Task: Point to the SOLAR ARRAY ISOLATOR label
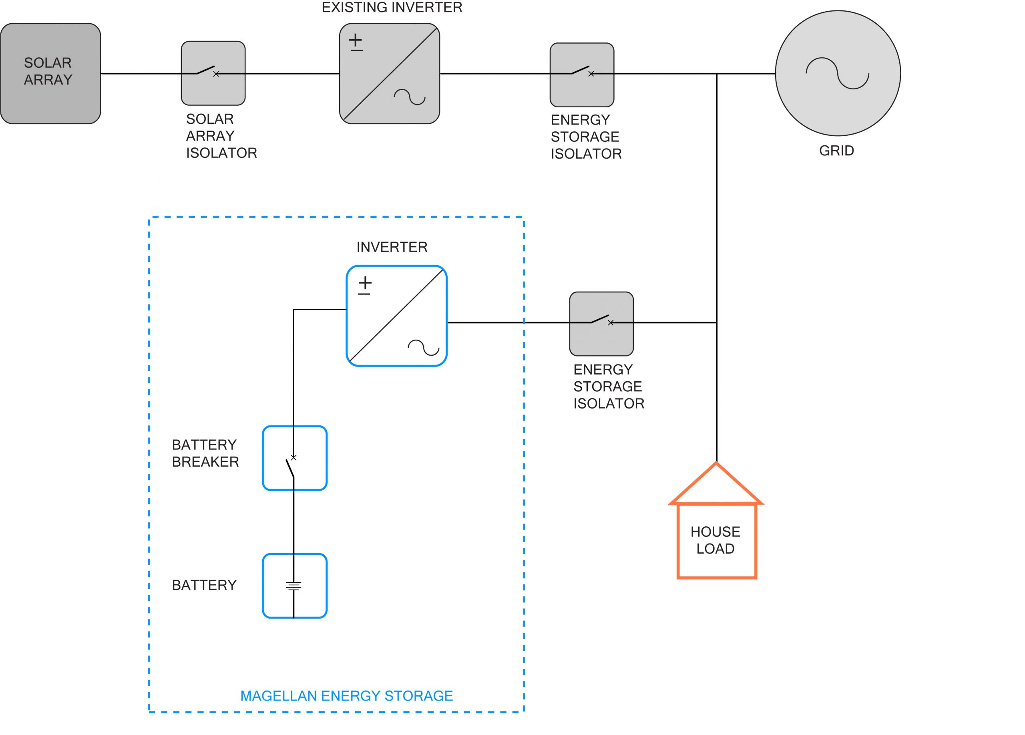coord(221,136)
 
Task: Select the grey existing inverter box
coord(389,73)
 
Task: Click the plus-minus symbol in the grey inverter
coord(356,42)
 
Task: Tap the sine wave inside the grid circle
coord(838,73)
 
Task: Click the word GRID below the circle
coord(836,151)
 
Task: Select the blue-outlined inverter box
coord(396,316)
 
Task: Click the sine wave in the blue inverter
coord(424,347)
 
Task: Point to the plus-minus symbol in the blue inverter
coord(365,285)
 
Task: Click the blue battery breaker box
coord(294,458)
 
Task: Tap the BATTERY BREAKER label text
coord(205,453)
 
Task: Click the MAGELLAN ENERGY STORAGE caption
coord(346,696)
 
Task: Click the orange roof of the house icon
coord(716,484)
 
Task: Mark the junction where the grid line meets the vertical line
coord(716,73)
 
